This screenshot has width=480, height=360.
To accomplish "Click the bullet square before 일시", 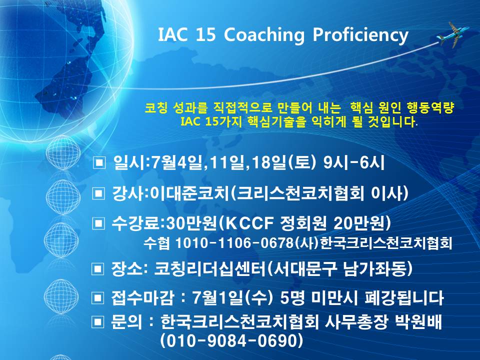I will [99, 162].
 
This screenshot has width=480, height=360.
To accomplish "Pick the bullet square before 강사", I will [99, 193].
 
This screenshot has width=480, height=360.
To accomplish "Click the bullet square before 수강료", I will [99, 222].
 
